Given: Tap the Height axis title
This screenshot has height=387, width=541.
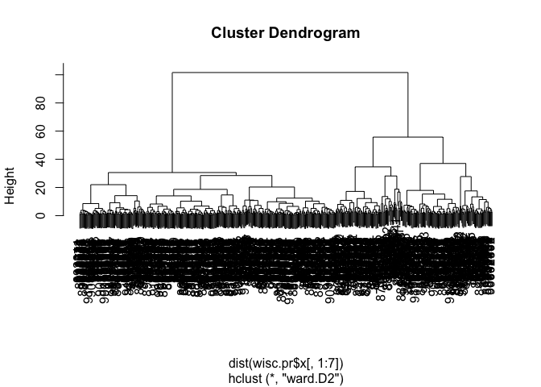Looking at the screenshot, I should point(11,187).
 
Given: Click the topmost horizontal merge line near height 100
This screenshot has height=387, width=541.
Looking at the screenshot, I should point(290,73).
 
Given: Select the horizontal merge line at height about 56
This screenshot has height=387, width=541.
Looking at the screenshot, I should point(408,137).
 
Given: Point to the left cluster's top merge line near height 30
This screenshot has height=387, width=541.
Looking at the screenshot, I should point(172,173).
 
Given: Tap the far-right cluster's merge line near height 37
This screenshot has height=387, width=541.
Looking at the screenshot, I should point(443,164).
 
